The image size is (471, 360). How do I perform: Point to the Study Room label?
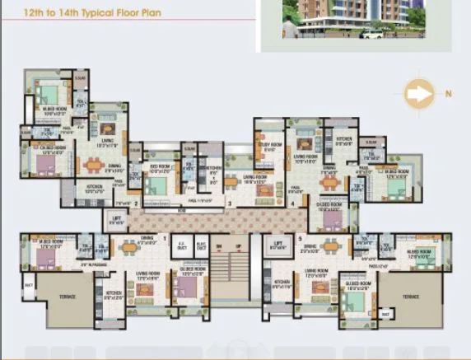[270, 144]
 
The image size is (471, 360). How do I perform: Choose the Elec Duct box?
[201, 245]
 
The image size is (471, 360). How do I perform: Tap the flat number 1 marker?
[165, 238]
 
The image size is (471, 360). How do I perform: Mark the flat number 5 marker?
[265, 238]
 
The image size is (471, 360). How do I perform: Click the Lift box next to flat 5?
[278, 245]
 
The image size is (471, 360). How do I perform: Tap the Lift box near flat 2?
[116, 217]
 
